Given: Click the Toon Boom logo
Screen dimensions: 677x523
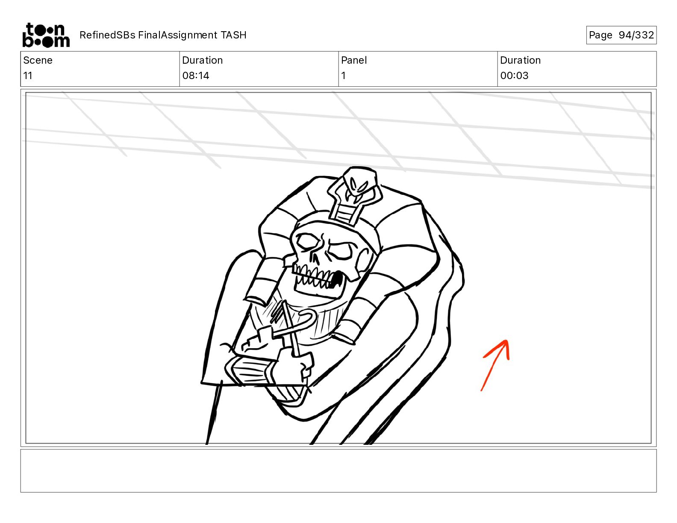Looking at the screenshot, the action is click(x=46, y=35).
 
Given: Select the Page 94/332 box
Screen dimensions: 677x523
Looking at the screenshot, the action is click(x=621, y=35).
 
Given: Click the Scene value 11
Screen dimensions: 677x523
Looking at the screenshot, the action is click(x=28, y=76).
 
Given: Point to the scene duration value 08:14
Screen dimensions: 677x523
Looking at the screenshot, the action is click(x=195, y=76).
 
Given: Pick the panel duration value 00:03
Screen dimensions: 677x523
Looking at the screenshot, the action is click(x=514, y=76).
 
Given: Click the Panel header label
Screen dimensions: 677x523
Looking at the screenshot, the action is click(x=354, y=60).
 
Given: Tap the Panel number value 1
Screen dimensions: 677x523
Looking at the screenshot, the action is click(x=343, y=76).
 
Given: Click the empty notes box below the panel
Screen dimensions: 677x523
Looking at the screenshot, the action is click(x=338, y=470).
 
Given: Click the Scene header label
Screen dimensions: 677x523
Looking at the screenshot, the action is click(x=38, y=60).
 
